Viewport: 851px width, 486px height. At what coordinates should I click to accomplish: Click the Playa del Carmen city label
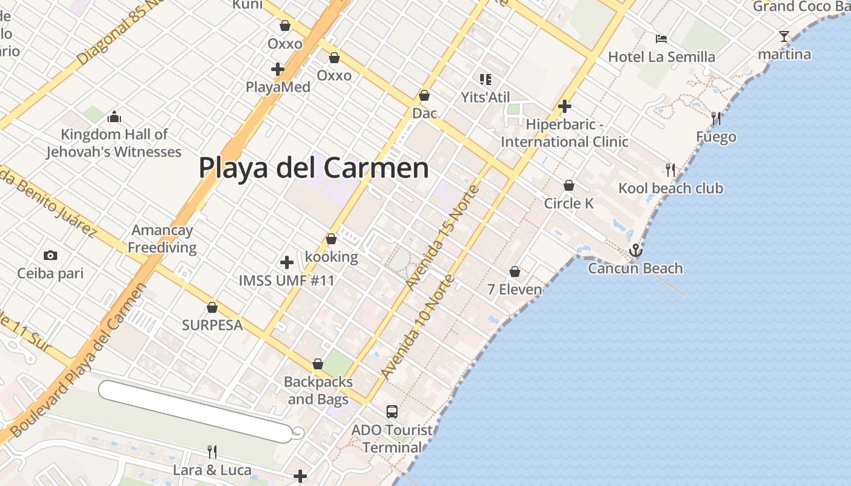point(314,168)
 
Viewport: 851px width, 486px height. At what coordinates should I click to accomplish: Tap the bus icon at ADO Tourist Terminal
point(392,412)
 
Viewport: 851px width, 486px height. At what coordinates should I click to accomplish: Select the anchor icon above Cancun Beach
point(635,250)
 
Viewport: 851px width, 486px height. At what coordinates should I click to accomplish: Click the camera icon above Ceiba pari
point(50,256)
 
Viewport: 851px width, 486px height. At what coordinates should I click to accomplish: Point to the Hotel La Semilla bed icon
point(661,39)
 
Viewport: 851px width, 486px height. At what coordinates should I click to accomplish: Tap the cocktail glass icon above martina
point(784,36)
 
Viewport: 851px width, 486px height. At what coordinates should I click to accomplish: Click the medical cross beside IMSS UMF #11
point(287,262)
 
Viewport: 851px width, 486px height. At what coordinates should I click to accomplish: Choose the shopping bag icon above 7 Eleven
point(515,272)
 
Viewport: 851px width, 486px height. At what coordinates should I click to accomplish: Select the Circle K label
point(568,203)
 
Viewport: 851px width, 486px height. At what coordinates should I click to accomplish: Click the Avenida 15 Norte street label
point(443,237)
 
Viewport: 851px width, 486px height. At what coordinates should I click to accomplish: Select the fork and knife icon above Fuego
point(716,118)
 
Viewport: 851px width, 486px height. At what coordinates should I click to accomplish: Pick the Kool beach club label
point(670,188)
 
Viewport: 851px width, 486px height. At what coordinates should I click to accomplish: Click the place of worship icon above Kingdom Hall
point(114,117)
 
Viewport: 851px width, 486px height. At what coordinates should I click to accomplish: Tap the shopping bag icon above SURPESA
point(212,308)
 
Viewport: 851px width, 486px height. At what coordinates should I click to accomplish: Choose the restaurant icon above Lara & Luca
point(212,451)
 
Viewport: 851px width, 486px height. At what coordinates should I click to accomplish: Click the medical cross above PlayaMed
point(278,69)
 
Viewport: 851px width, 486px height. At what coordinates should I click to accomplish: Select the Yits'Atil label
point(485,97)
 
